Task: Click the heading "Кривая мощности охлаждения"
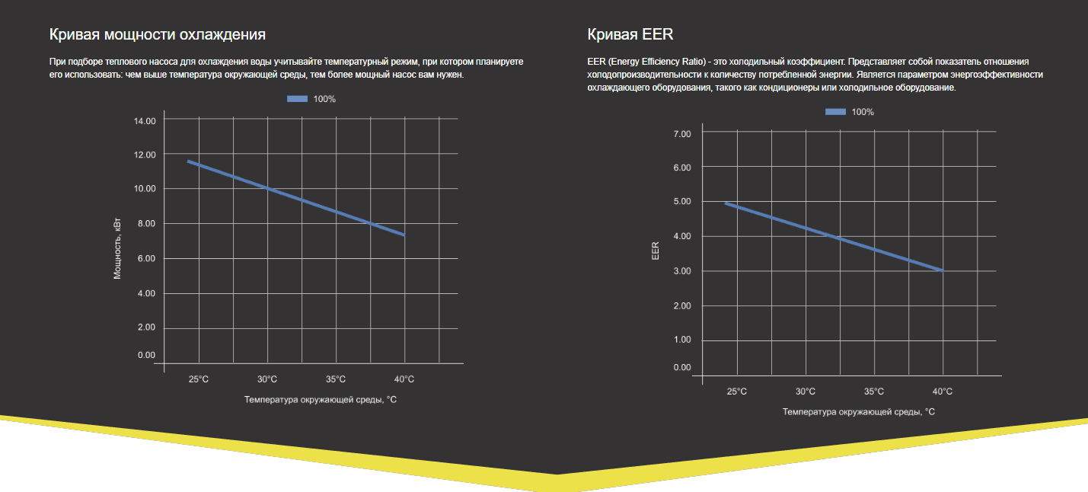157,34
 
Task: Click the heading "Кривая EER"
630,34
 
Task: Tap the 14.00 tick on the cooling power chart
144,121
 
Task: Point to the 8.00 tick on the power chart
144,224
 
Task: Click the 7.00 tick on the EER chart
681,134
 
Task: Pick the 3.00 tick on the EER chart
681,272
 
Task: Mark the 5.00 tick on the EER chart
681,202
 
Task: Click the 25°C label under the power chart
199,379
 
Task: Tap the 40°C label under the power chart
404,379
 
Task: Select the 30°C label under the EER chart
806,391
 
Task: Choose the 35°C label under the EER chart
874,391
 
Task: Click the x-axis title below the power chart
320,399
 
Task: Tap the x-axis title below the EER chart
858,412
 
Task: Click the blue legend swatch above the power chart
297,99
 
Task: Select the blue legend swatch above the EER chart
835,112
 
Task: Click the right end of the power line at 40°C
404,235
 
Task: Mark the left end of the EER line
726,203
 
